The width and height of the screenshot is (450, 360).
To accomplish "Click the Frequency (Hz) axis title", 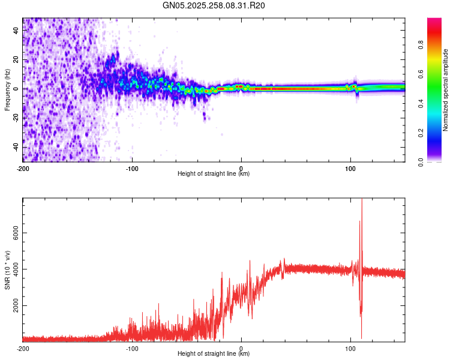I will [8, 89].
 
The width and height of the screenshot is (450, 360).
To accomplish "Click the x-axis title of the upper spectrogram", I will [214, 174].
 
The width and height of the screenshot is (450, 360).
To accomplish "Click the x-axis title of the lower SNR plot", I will [214, 354].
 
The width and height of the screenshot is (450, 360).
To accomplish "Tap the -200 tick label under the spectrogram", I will [23, 168].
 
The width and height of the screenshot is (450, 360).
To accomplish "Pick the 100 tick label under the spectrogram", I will [350, 168].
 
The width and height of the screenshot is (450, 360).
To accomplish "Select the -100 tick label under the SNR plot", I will [132, 348].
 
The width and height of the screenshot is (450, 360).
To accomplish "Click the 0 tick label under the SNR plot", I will [241, 348].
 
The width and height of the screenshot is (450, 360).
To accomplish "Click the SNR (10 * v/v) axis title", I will [8, 269].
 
